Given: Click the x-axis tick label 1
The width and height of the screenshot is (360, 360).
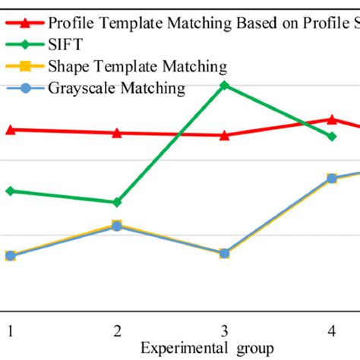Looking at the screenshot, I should (11, 330).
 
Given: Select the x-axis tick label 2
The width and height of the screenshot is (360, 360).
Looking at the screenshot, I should (117, 330).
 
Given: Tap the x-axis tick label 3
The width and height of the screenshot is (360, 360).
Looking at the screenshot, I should (224, 330).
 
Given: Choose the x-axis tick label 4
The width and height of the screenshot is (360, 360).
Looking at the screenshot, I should (331, 330).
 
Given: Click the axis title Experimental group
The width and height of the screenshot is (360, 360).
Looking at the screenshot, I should (207, 348).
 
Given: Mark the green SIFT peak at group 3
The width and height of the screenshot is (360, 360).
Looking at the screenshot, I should (224, 85).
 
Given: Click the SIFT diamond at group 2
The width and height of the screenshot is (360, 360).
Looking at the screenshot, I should (117, 202).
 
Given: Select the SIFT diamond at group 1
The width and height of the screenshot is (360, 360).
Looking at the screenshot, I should (11, 191).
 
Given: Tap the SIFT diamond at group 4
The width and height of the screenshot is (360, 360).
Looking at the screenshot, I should (331, 136).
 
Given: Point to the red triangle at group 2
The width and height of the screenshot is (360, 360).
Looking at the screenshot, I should (117, 133).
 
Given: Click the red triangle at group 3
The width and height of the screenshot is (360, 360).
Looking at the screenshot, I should (224, 135).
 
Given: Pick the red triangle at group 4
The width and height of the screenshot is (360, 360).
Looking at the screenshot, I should (331, 118).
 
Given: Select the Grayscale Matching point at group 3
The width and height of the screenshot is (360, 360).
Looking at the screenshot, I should (224, 253).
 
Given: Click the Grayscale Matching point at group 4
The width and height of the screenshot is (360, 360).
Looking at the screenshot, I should (331, 178).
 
